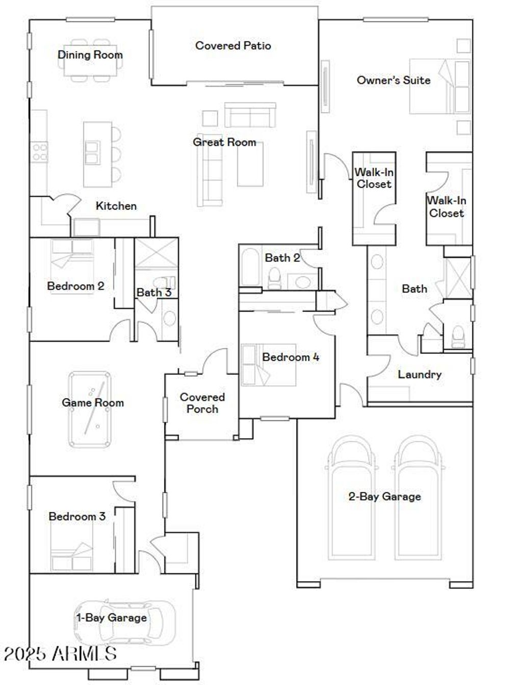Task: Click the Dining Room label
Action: click(90, 55)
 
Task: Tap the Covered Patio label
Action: click(233, 46)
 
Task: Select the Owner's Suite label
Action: click(393, 80)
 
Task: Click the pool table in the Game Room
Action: click(90, 410)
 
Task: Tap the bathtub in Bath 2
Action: click(250, 266)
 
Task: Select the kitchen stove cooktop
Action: click(39, 152)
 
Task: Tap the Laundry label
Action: click(419, 375)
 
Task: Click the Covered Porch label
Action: click(202, 403)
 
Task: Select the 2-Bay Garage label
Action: click(384, 496)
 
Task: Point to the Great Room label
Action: click(224, 142)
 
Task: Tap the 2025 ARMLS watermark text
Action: click(60, 653)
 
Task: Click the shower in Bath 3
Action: click(155, 253)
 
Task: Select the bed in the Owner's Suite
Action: click(438, 87)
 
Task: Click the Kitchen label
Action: click(116, 206)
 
